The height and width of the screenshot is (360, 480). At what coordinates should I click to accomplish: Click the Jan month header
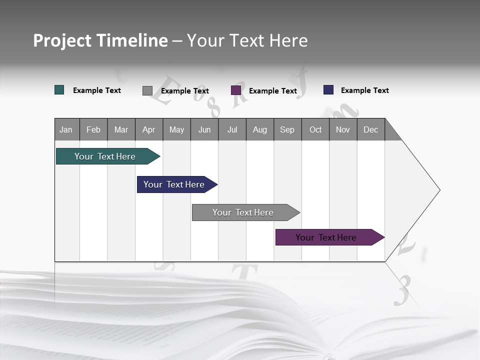coord(66,129)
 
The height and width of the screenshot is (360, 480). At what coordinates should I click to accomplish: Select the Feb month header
coord(93,129)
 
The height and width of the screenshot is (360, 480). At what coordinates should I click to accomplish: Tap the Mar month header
coord(121,129)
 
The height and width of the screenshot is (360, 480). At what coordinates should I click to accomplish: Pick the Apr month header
coord(149,129)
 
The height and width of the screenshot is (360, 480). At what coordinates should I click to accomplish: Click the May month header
coord(176,129)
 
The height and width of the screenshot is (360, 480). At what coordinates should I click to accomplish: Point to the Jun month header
coord(204,129)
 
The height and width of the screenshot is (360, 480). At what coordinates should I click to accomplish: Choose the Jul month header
coord(232,129)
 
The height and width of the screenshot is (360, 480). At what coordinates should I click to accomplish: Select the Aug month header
coord(260,129)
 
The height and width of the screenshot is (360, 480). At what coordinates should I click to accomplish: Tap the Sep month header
coord(287,129)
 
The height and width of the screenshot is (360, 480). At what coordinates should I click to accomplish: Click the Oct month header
coord(315,129)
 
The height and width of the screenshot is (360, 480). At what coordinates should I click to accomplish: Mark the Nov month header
coord(343,129)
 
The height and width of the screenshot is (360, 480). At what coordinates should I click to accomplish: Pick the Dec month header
coord(371,129)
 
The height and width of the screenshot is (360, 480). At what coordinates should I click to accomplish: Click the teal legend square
coord(59,90)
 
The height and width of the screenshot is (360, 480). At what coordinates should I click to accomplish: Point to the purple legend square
coord(236,90)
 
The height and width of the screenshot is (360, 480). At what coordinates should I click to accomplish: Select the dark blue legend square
coord(328,90)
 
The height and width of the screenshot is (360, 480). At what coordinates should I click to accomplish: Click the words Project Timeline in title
coord(100,40)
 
